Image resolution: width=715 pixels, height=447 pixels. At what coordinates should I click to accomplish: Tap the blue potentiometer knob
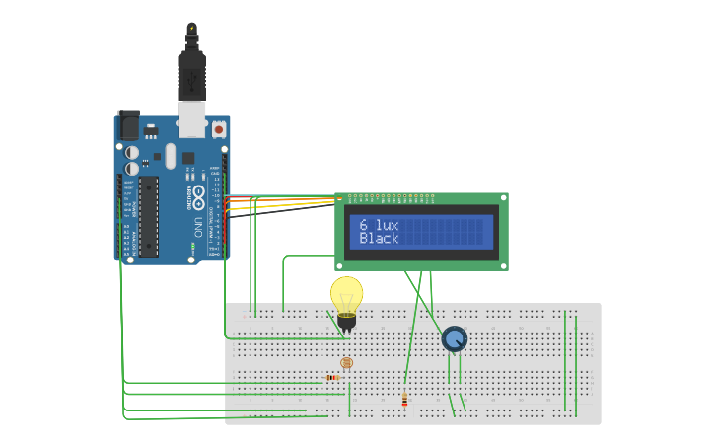click(x=454, y=339)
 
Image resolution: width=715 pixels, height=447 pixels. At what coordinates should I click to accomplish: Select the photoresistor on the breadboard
click(x=346, y=363)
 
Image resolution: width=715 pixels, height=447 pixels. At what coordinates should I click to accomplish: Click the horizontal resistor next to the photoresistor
click(x=333, y=377)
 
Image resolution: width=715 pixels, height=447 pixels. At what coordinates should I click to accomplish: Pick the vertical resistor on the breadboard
click(x=404, y=400)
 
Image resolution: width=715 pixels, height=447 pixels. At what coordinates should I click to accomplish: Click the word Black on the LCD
click(x=380, y=239)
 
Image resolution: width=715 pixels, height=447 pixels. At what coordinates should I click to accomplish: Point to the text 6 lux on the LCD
click(x=380, y=225)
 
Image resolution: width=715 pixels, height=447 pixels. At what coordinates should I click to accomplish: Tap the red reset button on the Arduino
click(x=218, y=128)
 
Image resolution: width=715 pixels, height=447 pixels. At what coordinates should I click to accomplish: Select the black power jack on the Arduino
click(x=128, y=125)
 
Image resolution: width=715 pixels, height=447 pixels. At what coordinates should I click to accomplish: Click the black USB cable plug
click(x=190, y=74)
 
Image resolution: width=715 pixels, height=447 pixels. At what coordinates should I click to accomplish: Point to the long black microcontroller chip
click(x=148, y=216)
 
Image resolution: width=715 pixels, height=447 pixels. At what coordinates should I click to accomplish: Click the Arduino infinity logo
click(x=199, y=194)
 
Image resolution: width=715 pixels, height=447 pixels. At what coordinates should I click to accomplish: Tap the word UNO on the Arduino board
click(x=199, y=222)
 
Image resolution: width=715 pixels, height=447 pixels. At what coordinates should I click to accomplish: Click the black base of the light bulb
click(x=346, y=321)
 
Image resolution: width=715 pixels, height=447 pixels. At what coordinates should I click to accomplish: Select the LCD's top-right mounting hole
click(x=503, y=198)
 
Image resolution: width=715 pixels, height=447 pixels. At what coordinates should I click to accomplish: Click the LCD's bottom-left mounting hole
click(x=341, y=264)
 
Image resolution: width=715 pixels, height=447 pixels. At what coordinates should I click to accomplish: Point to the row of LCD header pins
click(x=391, y=196)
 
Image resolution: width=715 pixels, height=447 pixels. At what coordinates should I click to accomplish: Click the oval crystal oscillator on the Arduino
click(x=170, y=156)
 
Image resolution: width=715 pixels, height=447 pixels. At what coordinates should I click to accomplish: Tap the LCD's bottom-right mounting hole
click(x=503, y=264)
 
